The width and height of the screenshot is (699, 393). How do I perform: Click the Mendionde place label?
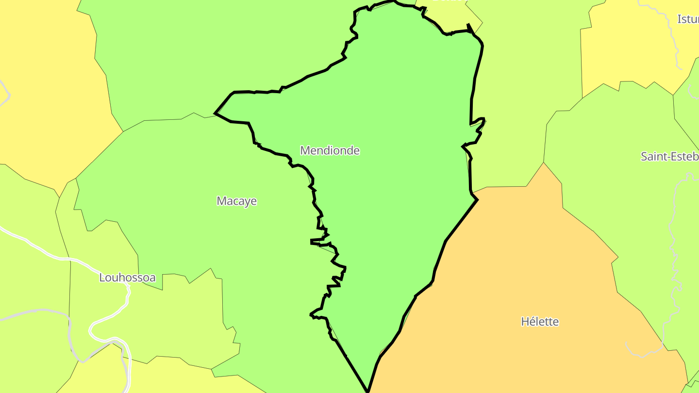tap(330, 150)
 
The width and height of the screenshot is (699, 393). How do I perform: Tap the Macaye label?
tap(237, 201)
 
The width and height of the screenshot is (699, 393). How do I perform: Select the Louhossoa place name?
tap(127, 278)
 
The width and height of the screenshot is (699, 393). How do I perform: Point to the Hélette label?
tap(540, 322)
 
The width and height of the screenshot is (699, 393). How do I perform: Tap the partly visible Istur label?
tap(688, 19)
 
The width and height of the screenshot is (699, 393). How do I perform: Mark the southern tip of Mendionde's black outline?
tap(368, 391)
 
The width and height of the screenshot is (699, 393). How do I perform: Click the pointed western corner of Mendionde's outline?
tap(215, 114)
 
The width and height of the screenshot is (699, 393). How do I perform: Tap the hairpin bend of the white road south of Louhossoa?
tap(91, 330)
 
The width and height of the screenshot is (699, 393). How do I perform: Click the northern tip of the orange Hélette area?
tap(544, 163)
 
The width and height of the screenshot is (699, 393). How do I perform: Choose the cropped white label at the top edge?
tap(447, 1)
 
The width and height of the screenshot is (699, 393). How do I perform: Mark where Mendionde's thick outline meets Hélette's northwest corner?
tap(478, 199)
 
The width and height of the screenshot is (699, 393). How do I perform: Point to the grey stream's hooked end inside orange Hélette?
tap(627, 345)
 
